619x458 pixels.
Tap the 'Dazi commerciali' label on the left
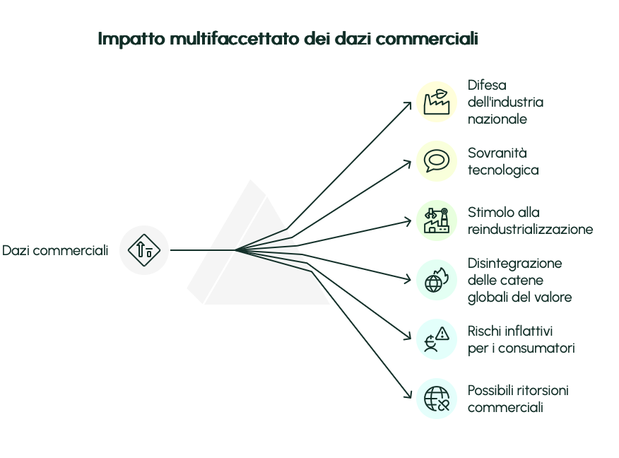click(55, 250)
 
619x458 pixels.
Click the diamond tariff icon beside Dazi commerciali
click(144, 249)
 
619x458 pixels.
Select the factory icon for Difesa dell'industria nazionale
click(437, 102)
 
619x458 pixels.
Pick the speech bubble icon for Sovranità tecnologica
click(437, 161)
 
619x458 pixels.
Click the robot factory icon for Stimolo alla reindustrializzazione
click(437, 221)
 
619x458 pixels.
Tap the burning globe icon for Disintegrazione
click(437, 280)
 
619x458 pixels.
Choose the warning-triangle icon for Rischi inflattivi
click(437, 339)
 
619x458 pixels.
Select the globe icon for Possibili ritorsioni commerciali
click(437, 399)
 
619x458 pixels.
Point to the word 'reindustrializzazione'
click(530, 229)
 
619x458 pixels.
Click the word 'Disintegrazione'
click(514, 263)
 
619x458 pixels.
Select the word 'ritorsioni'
click(542, 390)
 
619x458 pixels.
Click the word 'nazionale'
click(497, 119)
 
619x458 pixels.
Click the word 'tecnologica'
click(503, 170)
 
